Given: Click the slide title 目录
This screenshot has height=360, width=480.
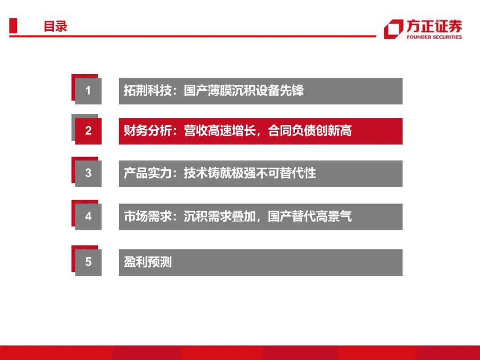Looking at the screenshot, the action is point(56,26).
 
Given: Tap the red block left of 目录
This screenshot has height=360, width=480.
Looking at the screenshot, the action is point(13,26).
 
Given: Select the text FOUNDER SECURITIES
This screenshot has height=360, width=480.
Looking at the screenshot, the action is point(434,37).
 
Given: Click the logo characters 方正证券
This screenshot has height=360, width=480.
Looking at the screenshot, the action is point(434,26).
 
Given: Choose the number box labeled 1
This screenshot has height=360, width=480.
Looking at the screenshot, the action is point(88,91).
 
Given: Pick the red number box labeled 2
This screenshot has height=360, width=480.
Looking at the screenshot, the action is point(88,131).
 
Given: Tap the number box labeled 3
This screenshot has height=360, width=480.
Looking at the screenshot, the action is point(88,174).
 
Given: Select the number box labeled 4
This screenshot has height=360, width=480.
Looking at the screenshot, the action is point(88,217).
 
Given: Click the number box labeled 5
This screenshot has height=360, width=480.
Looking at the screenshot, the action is point(88,262).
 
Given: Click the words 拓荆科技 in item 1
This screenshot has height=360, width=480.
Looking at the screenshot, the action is point(148,91).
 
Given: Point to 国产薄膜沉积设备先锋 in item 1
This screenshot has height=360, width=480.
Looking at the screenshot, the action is point(244,91).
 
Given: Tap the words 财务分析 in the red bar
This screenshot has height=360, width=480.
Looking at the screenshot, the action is point(148,131).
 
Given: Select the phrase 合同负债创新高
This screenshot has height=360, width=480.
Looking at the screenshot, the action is point(310,131).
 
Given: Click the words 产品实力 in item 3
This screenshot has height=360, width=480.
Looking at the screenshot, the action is point(148,173).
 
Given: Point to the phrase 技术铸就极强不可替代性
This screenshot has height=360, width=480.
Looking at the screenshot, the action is point(250,173).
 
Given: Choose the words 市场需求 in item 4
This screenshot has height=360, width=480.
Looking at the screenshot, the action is point(148,216).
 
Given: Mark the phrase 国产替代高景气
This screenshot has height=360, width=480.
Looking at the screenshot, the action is point(310,216).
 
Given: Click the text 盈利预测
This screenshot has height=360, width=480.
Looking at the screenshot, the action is point(148,262).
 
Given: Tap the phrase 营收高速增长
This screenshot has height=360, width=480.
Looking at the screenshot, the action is point(220,131).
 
